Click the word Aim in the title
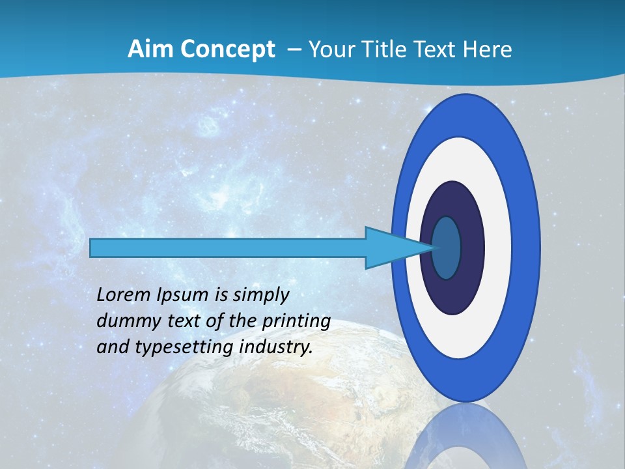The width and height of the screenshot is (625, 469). pos(146,50)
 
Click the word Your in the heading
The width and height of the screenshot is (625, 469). pos(331,50)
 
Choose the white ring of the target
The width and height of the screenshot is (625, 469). pos(498,248)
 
